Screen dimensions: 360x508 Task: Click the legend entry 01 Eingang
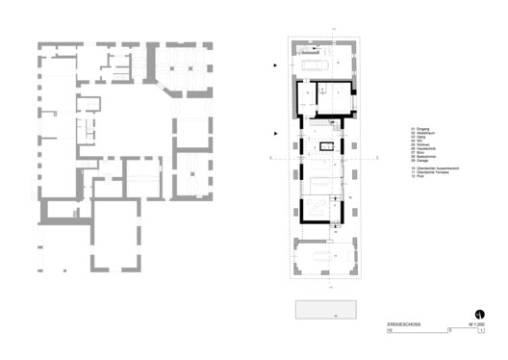420,128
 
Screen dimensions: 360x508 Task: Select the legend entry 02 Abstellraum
423,133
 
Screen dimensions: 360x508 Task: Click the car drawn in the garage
317,64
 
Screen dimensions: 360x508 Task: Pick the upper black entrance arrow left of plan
276,64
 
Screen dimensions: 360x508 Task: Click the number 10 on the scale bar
391,332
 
